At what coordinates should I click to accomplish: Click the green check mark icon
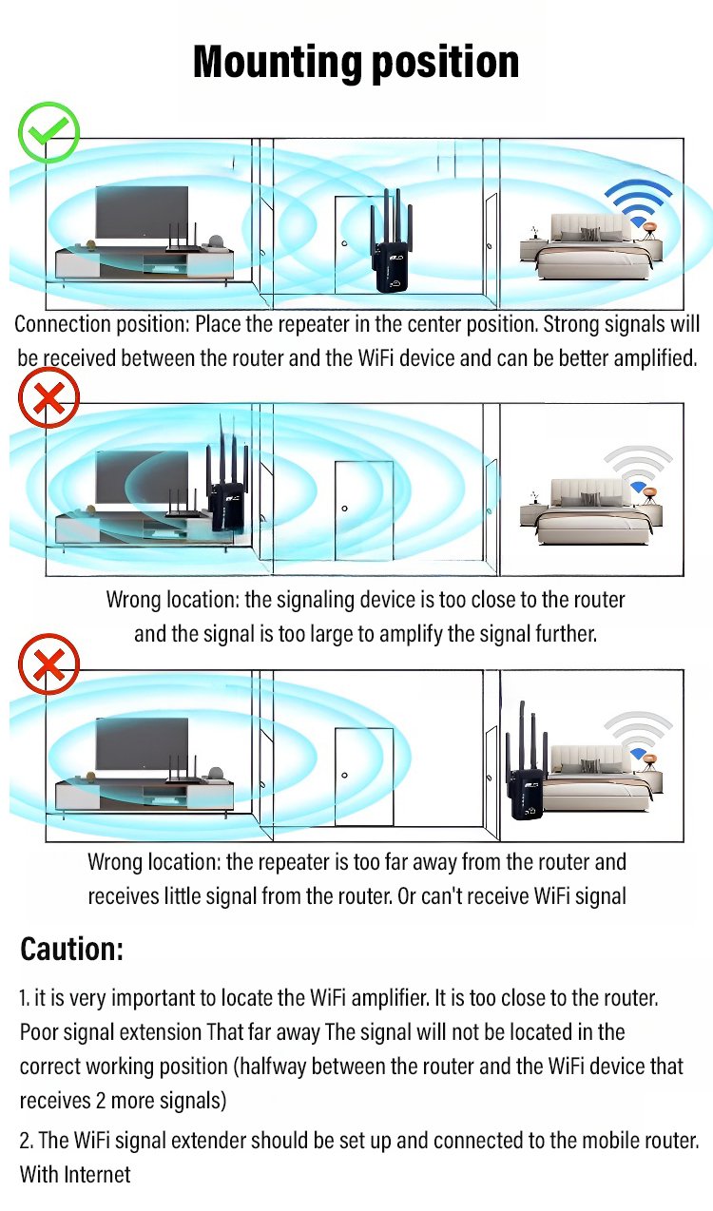click(48, 132)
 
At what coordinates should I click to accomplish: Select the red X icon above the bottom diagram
click(48, 663)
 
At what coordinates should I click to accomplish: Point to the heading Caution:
click(72, 949)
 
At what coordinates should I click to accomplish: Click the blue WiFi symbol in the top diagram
click(640, 203)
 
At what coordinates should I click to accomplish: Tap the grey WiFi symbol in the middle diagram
click(640, 470)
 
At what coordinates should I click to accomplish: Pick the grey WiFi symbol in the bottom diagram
click(638, 737)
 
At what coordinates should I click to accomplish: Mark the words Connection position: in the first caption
click(102, 324)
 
